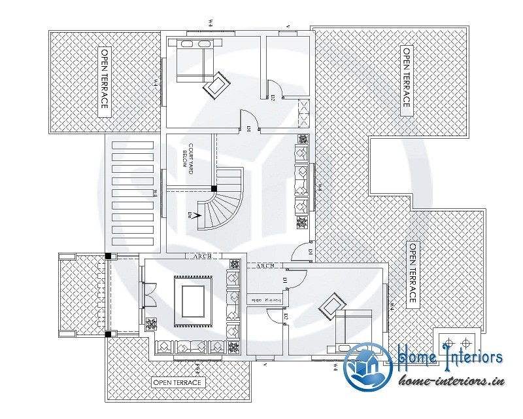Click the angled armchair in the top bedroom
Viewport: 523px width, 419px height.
(217, 84)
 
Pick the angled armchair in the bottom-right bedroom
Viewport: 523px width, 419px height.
(330, 305)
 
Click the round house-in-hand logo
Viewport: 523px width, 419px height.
(368, 367)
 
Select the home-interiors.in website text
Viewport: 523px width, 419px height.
(450, 381)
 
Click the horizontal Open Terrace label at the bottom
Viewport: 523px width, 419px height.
(178, 382)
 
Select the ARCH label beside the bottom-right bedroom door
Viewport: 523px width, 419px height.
(265, 266)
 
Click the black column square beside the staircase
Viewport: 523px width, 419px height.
(214, 189)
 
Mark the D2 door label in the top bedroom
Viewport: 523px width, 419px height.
(273, 98)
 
